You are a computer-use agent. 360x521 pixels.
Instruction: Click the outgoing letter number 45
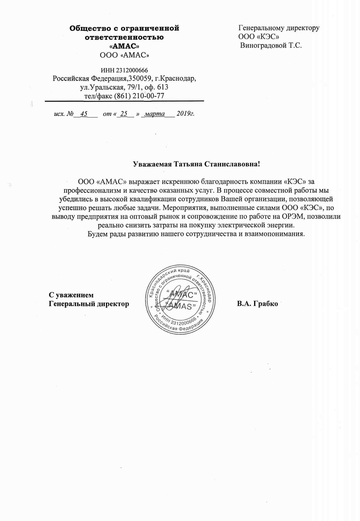click(x=84, y=114)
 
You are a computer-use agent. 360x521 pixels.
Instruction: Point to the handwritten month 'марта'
click(x=155, y=114)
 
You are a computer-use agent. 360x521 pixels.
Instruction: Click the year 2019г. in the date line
click(x=185, y=114)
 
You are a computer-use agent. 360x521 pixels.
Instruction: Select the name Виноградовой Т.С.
click(x=271, y=45)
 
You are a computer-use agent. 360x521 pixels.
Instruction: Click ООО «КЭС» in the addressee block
click(x=259, y=36)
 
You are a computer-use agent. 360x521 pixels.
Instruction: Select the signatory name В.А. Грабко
click(x=258, y=304)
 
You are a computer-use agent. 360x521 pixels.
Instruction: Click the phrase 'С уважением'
click(x=71, y=295)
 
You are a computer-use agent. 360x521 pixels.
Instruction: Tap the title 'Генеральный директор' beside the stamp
click(x=89, y=304)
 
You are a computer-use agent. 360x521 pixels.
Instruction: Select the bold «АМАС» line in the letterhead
click(x=124, y=46)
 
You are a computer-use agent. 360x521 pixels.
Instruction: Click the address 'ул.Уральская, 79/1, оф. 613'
click(x=124, y=87)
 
